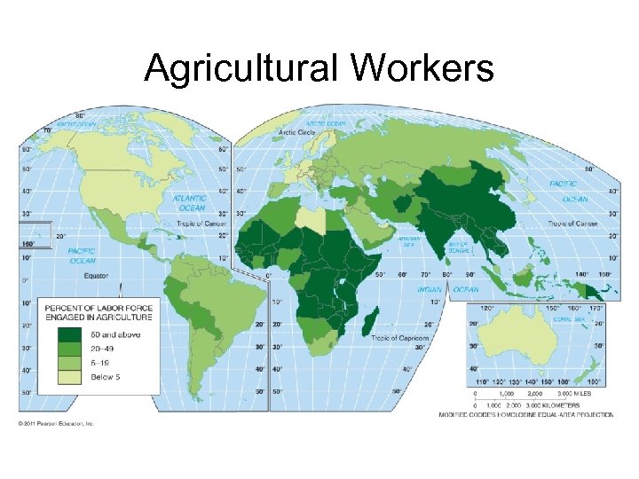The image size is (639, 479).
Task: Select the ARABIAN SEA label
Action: (x=409, y=241)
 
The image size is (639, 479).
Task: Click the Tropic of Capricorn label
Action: (x=400, y=338)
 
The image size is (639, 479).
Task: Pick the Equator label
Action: (x=96, y=275)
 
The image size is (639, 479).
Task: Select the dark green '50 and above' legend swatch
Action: (x=68, y=334)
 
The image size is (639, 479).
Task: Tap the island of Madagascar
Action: (x=372, y=320)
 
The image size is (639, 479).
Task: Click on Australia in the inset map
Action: (x=525, y=341)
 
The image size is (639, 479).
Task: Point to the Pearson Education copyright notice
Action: (x=55, y=423)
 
